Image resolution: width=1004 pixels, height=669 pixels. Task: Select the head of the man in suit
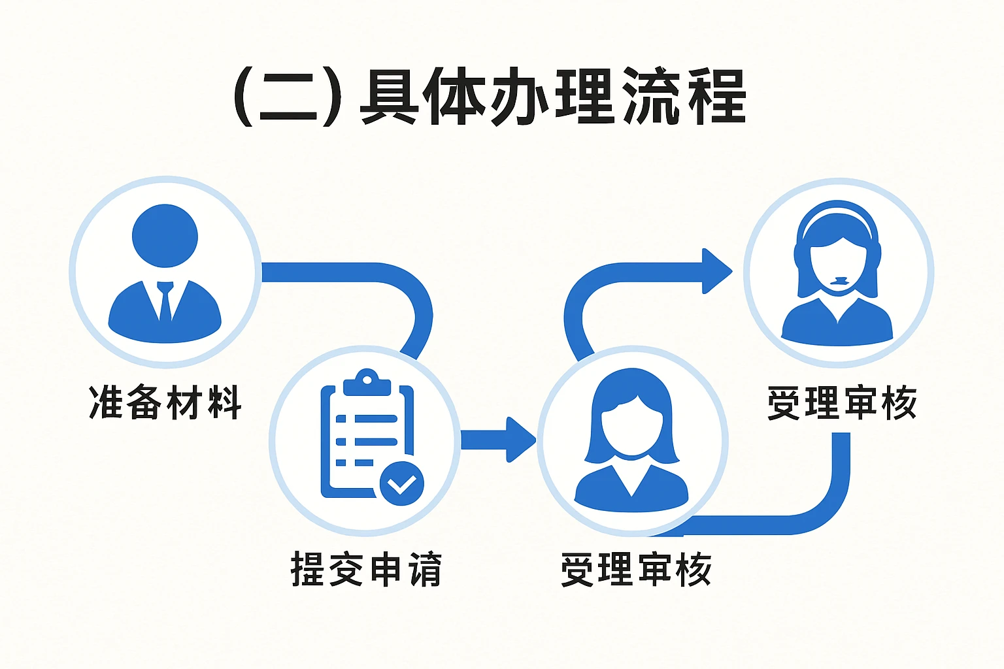165,236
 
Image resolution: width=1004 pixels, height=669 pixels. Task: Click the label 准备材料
165,402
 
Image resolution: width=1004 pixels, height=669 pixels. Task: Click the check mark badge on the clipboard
401,484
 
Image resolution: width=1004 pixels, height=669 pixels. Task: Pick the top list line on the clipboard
367,419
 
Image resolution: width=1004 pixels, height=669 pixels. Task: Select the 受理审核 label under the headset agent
842,403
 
